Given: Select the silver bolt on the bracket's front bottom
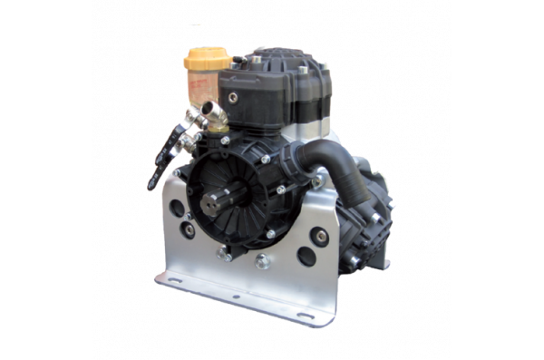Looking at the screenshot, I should [x=262, y=263].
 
